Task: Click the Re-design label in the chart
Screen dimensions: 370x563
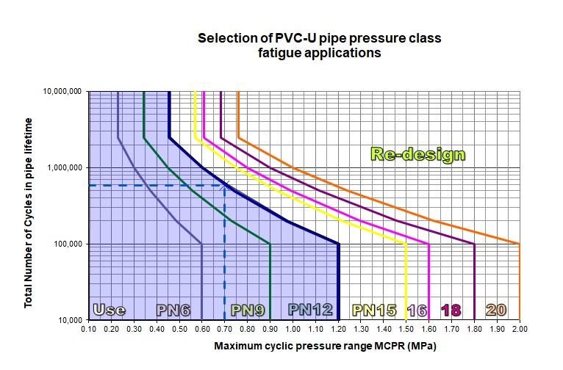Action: pos(417,155)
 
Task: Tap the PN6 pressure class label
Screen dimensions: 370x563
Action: pos(173,310)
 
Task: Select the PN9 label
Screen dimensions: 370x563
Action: pos(247,310)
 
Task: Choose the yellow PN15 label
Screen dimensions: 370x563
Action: pos(375,310)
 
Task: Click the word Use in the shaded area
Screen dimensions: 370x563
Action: pos(109,310)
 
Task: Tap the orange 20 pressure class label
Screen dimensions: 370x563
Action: pos(497,310)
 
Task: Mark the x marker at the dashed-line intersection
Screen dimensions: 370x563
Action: pos(226,186)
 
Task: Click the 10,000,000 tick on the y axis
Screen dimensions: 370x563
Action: pos(63,92)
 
